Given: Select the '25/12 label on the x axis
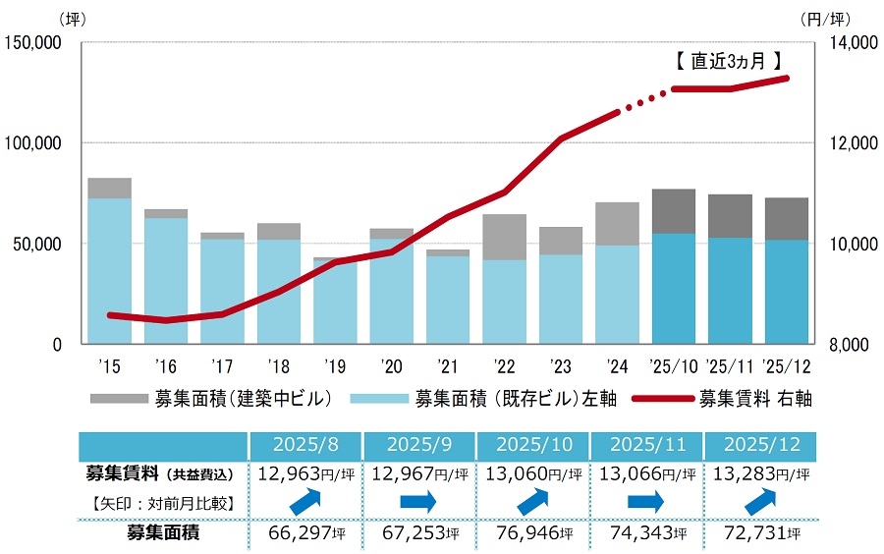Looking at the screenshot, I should point(787,367).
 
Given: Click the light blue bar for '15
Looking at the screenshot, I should point(109,270).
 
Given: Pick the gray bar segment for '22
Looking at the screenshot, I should point(505,237).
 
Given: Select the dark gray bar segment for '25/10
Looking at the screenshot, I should point(674,211).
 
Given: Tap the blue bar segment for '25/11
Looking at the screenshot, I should point(730,291).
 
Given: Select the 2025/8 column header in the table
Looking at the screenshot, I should point(305,444).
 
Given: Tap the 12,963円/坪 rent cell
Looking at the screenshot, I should point(305,474).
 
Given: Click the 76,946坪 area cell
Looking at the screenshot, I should point(531,535).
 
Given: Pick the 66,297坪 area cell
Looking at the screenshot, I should point(305,535).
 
